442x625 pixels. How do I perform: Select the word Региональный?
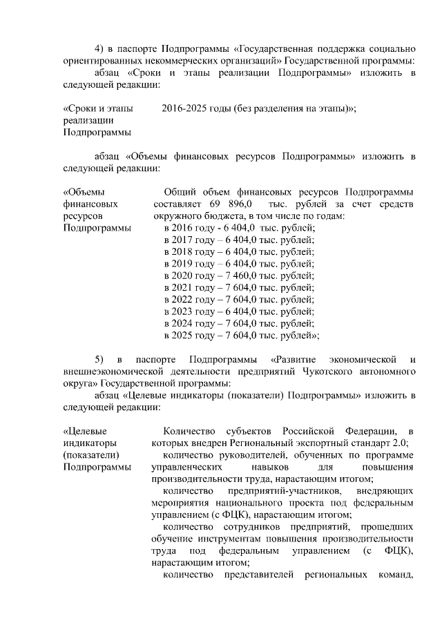click(x=249, y=443)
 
